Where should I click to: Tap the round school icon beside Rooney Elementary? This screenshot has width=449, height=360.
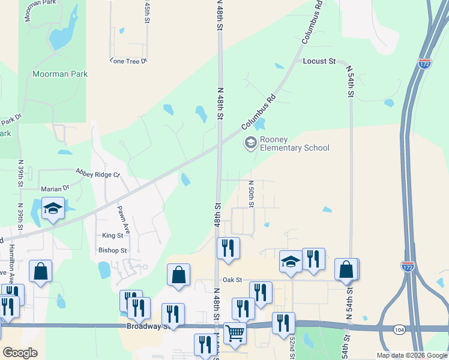point(250,143)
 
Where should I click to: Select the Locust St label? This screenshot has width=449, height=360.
point(319,61)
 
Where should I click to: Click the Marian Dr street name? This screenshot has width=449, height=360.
point(55,188)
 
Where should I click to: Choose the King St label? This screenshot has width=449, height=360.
point(112,236)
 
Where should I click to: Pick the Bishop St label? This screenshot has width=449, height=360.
point(112,250)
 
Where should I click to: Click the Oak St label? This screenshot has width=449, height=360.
point(232,280)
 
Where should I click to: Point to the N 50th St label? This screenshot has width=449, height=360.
point(251,193)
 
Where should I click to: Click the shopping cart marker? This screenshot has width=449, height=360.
point(235,332)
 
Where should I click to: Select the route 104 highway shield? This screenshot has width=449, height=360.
point(399,329)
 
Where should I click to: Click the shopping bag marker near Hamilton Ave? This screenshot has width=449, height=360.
point(40,271)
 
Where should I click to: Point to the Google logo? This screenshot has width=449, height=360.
point(20,353)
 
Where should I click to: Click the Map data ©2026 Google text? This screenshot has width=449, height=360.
point(411,355)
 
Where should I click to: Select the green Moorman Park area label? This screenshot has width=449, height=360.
point(60,74)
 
